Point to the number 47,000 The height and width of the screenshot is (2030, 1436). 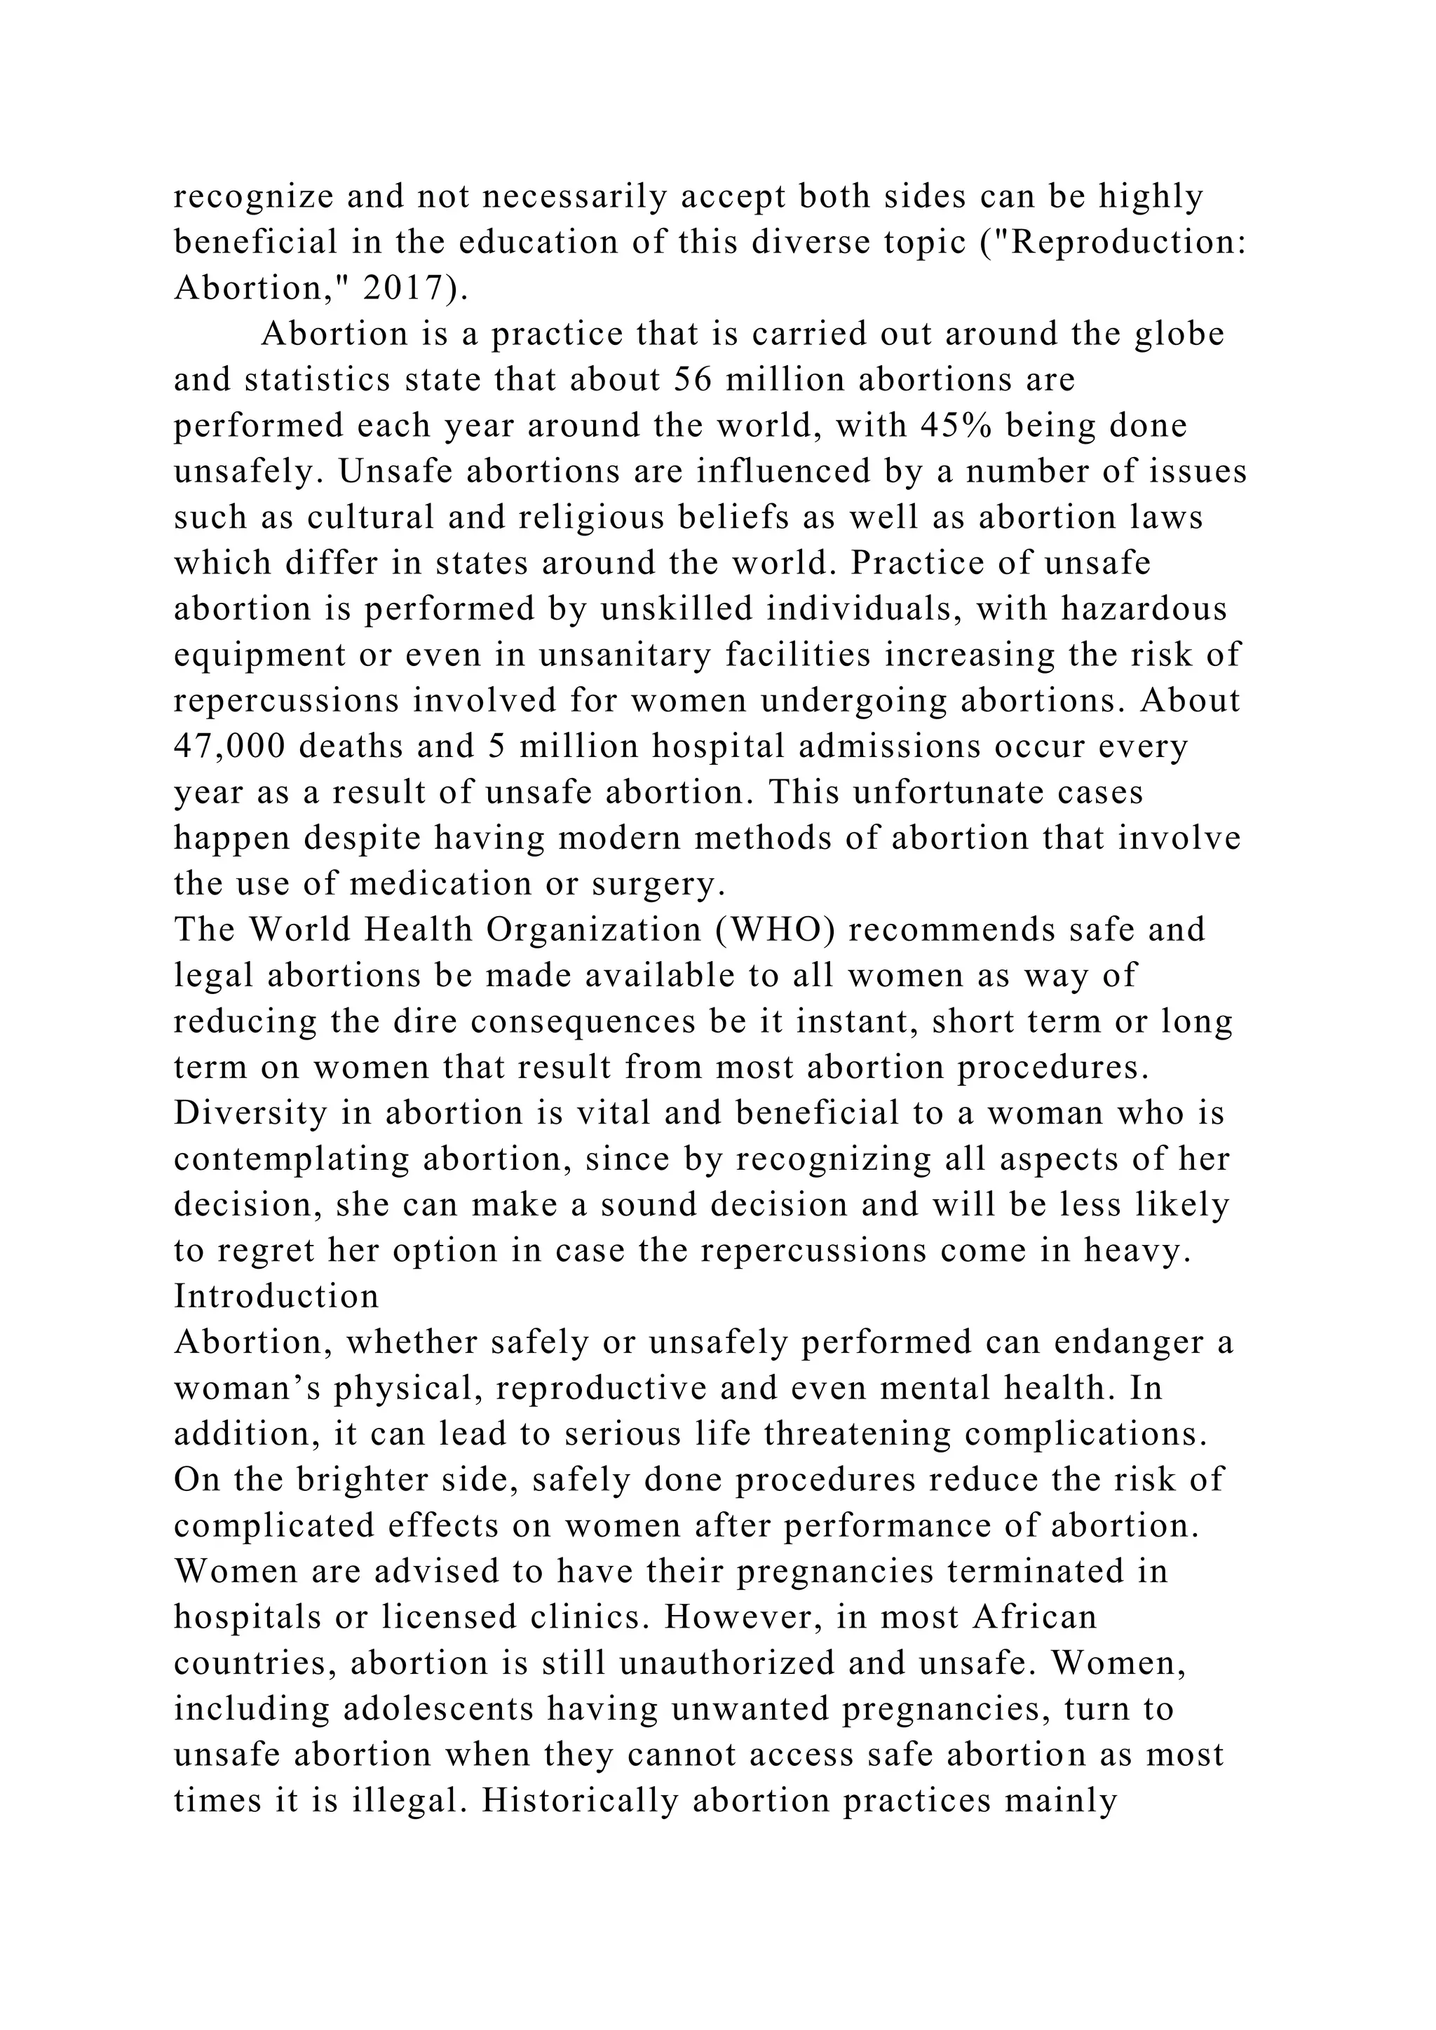coord(230,747)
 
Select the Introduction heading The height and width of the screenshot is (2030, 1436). coord(277,1297)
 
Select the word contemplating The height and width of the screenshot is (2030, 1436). coord(292,1159)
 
